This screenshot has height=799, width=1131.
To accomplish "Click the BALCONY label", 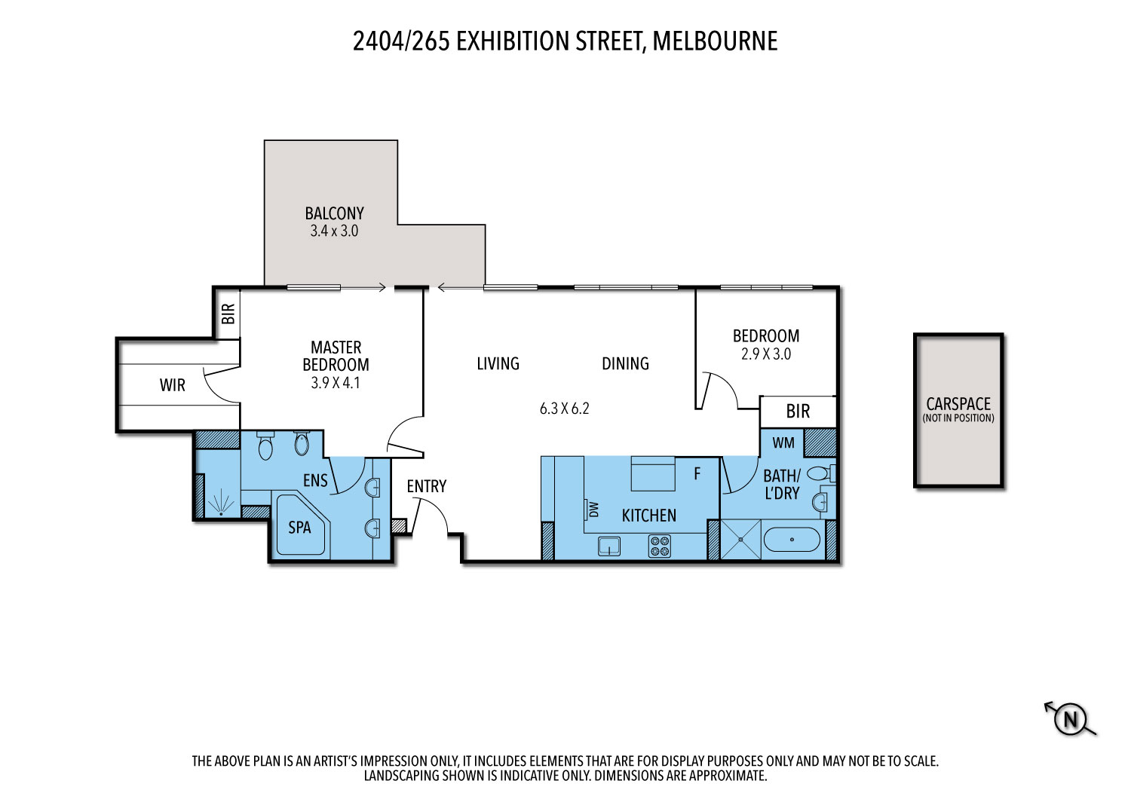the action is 334,213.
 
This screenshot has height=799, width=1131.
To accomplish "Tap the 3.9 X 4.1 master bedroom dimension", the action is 336,383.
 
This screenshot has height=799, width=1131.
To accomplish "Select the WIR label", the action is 172,386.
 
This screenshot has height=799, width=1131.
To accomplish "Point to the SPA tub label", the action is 299,528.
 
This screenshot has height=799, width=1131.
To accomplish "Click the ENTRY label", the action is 427,486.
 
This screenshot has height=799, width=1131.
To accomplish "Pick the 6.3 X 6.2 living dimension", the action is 565,409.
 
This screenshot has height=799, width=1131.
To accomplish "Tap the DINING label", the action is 625,363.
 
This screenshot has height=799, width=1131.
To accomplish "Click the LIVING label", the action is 498,363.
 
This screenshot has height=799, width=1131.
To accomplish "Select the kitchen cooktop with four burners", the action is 660,546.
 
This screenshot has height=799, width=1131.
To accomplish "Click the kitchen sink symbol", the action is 609,546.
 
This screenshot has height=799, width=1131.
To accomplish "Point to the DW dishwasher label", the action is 594,510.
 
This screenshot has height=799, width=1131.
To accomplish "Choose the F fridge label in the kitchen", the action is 697,473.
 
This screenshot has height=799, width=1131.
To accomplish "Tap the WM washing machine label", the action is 783,442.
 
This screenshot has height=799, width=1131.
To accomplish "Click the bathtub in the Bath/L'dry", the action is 792,540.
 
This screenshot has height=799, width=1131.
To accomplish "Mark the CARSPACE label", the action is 958,404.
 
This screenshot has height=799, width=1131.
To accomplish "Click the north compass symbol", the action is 1071,718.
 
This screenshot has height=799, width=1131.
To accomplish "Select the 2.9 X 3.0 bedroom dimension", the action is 766,354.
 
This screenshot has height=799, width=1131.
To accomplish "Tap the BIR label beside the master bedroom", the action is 228,314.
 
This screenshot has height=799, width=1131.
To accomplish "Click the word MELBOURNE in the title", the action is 715,41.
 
